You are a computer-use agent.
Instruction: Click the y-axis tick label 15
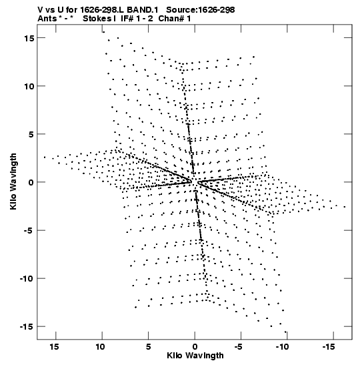(x=29, y=38)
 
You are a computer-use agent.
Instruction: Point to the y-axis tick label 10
(x=29, y=86)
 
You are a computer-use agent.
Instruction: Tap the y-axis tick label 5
(x=31, y=134)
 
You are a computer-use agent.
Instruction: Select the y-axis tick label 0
(x=31, y=182)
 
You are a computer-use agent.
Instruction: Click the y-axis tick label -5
(x=29, y=230)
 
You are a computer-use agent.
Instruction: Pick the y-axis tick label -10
(x=27, y=279)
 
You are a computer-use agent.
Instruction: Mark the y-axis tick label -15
(x=27, y=327)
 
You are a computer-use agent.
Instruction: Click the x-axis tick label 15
(x=54, y=347)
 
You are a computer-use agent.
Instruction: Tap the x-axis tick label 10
(x=101, y=347)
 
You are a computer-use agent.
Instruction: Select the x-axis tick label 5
(x=149, y=347)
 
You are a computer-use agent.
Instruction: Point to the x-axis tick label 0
(x=195, y=347)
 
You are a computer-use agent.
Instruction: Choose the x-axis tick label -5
(x=239, y=347)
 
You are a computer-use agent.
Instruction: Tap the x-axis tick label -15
(x=329, y=347)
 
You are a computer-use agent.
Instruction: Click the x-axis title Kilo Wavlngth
(x=195, y=356)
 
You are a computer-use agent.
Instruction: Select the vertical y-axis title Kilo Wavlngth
(x=13, y=181)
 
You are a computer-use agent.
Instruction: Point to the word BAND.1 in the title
(x=143, y=10)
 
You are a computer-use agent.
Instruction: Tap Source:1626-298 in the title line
(x=201, y=10)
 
